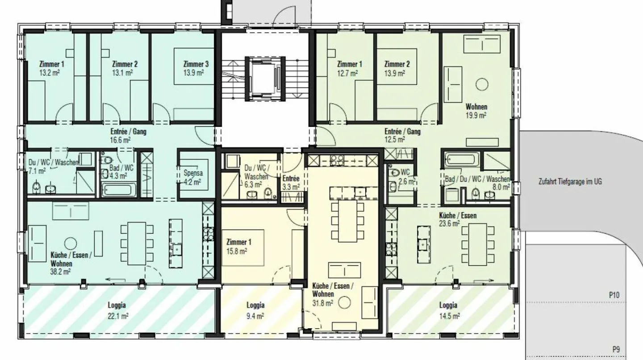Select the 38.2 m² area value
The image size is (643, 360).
pos(62,271)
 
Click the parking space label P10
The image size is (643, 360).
pos(615,295)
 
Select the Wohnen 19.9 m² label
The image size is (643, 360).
pos(476,111)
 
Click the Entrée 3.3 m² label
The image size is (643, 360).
pos(290,182)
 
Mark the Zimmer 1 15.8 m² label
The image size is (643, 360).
pos(238,246)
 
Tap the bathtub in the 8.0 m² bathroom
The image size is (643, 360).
pos(461,159)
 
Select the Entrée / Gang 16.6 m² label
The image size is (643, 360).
pos(122,136)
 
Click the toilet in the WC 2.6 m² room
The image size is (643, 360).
pos(394,172)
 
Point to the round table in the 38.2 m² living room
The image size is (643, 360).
pos(70,243)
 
